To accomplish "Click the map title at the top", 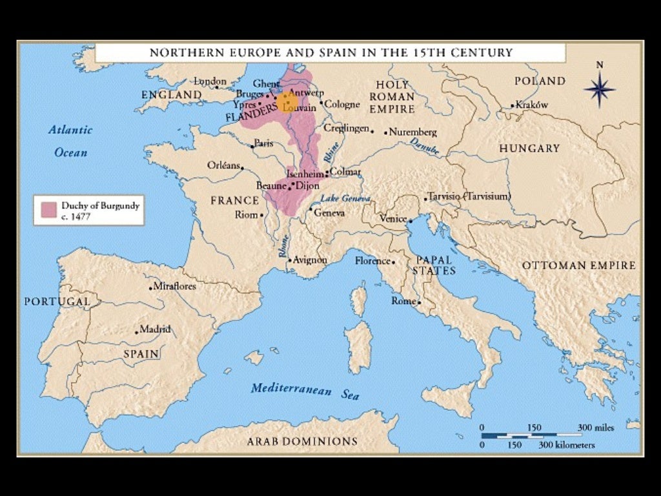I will (331, 52).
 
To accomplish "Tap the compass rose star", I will (599, 89).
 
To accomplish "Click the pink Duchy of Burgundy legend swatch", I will (47, 211).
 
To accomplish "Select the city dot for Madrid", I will (137, 332).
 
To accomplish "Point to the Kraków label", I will (532, 105).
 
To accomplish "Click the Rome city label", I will (404, 301).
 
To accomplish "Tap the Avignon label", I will (310, 260).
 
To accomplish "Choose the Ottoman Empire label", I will (578, 265).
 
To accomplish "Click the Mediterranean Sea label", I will (305, 391).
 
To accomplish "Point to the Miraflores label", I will (175, 286).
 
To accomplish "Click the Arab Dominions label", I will (301, 442).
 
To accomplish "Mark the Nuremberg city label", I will (414, 132).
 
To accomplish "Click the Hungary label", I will (529, 149).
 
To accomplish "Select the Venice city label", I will (392, 219).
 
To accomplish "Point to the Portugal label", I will (57, 302).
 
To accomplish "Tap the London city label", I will (210, 81).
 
